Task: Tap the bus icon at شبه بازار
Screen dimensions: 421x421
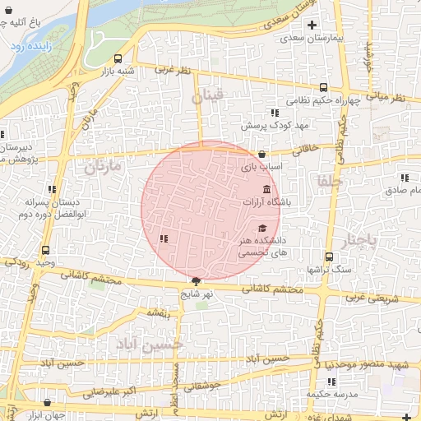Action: pyautogui.click(x=118, y=59)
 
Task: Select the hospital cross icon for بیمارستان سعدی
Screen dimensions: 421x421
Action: pyautogui.click(x=312, y=25)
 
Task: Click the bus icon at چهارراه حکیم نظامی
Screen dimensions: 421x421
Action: pyautogui.click(x=324, y=86)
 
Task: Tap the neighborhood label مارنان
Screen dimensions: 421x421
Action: pyautogui.click(x=101, y=166)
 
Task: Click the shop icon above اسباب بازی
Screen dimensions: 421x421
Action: pyautogui.click(x=261, y=153)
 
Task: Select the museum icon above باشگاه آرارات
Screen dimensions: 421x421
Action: pyautogui.click(x=266, y=189)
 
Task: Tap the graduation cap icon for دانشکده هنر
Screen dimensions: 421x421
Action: pyautogui.click(x=262, y=229)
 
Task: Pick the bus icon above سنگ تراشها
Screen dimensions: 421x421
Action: pyautogui.click(x=329, y=257)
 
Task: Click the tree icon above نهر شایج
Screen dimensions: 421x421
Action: pyautogui.click(x=196, y=281)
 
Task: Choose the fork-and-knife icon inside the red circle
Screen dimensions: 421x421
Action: pyautogui.click(x=164, y=239)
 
